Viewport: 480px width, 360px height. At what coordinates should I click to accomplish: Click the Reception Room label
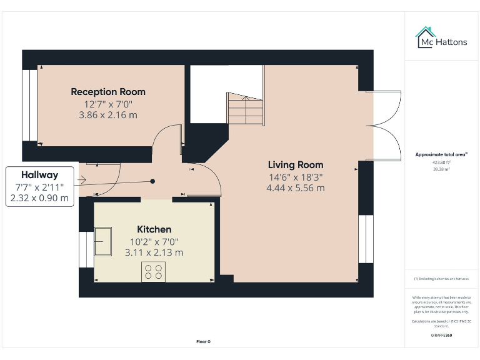[107, 92]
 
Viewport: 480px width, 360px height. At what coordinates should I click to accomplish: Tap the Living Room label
[296, 165]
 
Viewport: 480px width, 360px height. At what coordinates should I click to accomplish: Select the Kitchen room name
[154, 229]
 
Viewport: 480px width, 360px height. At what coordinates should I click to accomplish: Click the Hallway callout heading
[39, 175]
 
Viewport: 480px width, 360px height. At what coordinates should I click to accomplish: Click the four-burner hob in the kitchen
[154, 271]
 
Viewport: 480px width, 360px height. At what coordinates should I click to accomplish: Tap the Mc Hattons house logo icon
[426, 37]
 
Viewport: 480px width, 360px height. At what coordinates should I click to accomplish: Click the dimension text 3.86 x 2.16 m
[107, 115]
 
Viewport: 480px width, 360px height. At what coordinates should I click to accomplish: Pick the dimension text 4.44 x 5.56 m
[296, 187]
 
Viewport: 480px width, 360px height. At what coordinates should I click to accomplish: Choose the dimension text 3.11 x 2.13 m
[154, 252]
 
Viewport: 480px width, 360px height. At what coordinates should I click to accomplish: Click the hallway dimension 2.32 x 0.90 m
[39, 198]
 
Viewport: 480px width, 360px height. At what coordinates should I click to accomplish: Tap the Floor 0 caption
[204, 342]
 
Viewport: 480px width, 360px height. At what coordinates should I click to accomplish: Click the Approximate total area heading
[441, 154]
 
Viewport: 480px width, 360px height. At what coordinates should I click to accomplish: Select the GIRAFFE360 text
[441, 336]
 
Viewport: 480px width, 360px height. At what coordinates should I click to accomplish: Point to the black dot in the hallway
[152, 181]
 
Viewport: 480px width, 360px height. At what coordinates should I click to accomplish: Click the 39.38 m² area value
[441, 168]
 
